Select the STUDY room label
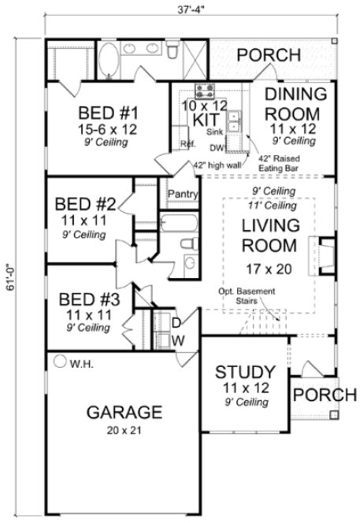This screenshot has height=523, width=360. [245, 372]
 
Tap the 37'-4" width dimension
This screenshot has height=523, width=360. [186, 10]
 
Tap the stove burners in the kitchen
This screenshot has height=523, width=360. [202, 90]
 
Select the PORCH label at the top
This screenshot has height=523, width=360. [269, 55]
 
